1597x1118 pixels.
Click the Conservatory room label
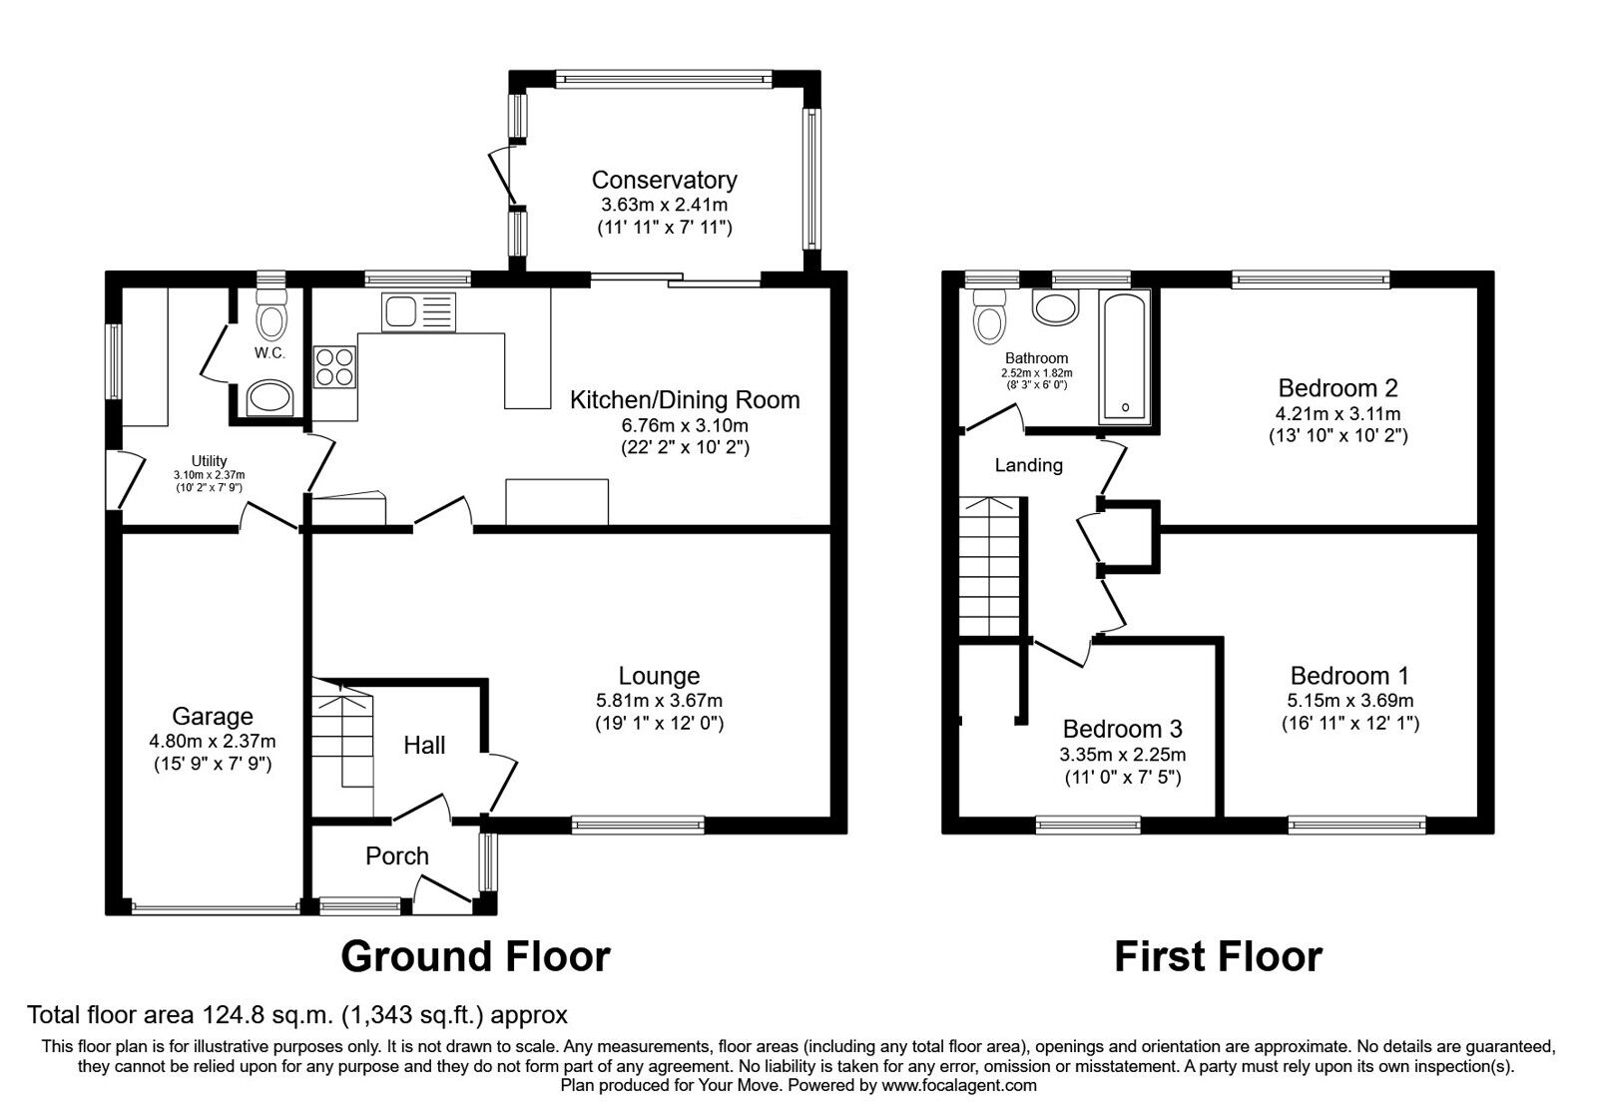(x=664, y=180)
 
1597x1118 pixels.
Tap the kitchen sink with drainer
(x=418, y=311)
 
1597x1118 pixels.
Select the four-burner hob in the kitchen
(x=334, y=366)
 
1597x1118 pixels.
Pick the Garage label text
(x=213, y=716)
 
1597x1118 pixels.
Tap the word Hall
(x=424, y=745)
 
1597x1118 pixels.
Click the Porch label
(x=397, y=855)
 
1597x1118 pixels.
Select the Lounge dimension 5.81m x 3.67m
(x=660, y=700)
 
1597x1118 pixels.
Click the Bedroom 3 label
(x=1122, y=729)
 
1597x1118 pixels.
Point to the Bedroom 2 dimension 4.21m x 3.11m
(x=1338, y=413)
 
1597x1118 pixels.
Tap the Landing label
(x=1029, y=465)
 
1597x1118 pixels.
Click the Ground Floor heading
(x=475, y=957)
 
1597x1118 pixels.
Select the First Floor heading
(x=1219, y=957)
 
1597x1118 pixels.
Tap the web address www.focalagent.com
(x=959, y=1085)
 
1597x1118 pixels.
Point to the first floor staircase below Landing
(x=990, y=567)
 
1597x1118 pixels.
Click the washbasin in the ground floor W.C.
(x=269, y=398)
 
